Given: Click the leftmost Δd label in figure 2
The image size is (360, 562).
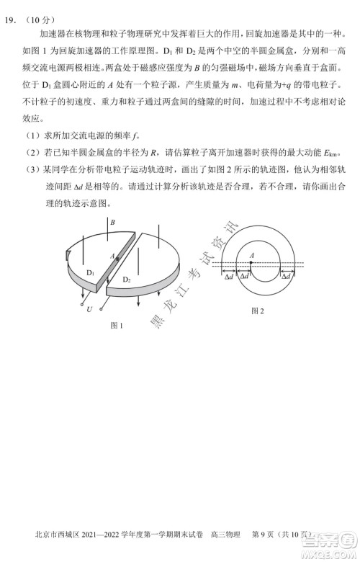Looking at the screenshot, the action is pos(228,276).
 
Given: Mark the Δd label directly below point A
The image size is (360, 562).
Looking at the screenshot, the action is pos(245,276).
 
